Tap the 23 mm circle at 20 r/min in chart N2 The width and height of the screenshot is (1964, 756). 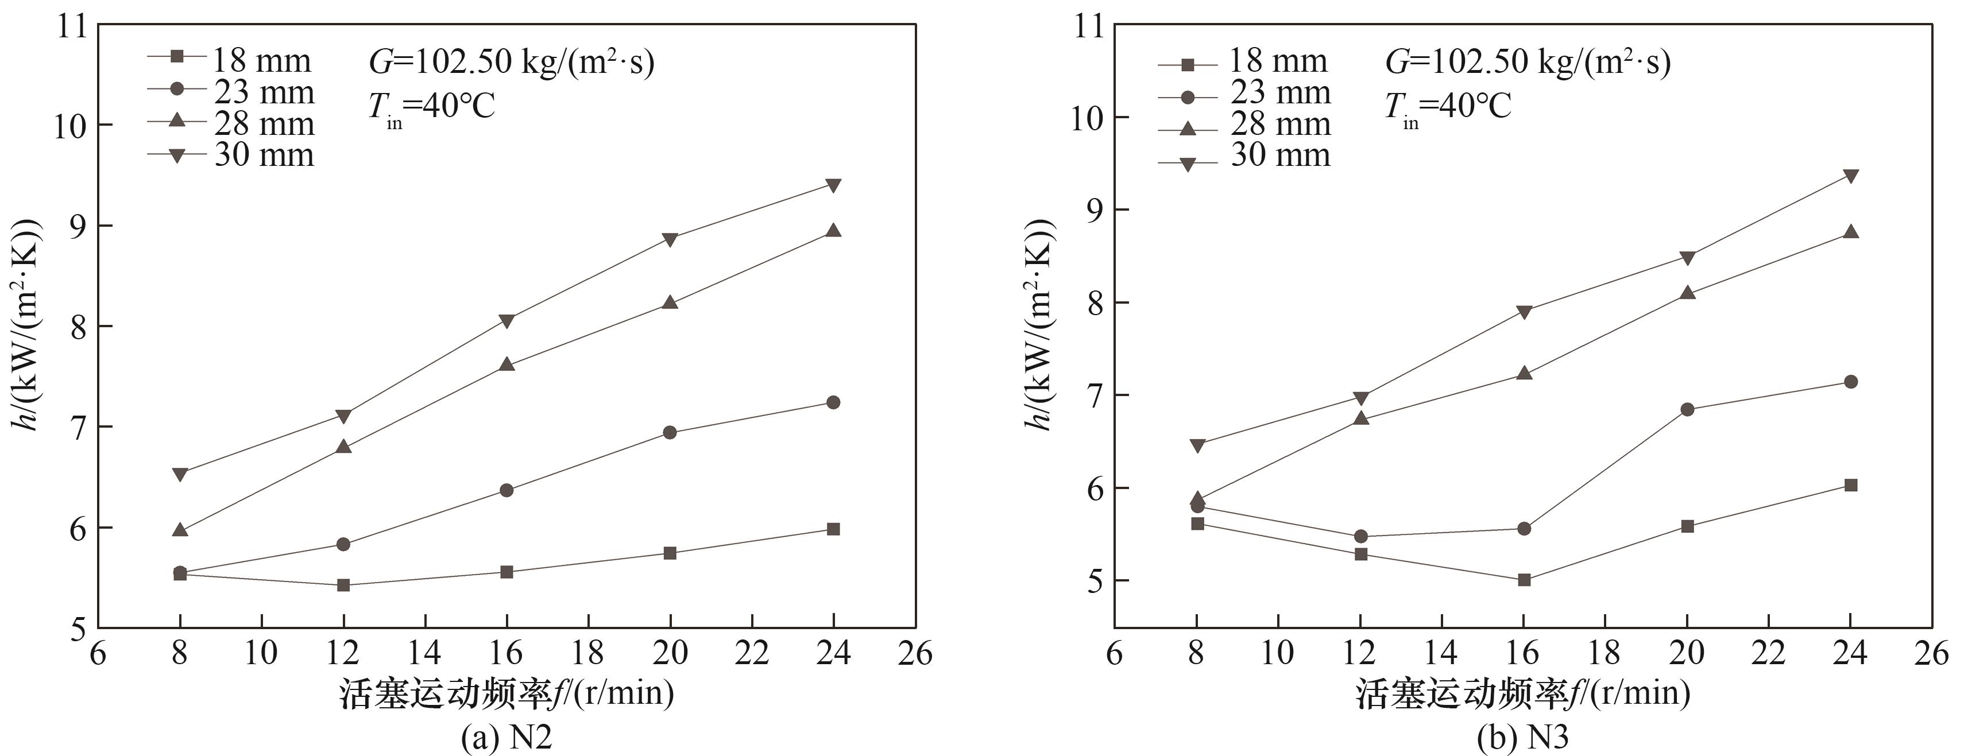670,433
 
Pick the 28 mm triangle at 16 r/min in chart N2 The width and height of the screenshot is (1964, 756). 507,365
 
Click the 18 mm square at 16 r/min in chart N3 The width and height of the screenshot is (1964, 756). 1524,580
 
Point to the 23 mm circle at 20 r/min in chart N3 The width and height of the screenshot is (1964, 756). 1687,409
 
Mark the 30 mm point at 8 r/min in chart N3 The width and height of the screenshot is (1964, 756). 1197,444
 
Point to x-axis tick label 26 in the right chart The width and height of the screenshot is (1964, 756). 1931,653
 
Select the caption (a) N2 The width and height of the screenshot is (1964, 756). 507,737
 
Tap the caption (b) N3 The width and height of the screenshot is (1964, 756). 1522,737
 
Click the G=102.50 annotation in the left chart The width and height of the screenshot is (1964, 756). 512,62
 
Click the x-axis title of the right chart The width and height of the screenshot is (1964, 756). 1522,693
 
